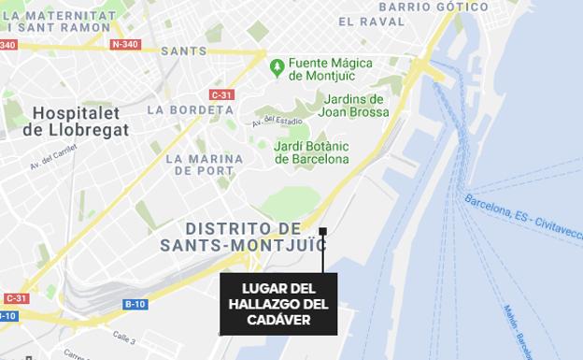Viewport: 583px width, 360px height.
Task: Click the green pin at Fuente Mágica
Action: tap(277, 67)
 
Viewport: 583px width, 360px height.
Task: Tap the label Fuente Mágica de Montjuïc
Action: tap(331, 70)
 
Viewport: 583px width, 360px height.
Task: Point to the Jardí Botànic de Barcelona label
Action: tap(311, 152)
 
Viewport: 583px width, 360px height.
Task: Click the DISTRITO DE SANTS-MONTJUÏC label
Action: tap(242, 238)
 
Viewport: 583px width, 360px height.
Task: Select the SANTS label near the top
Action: tap(184, 50)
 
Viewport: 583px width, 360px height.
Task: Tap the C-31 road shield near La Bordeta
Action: tap(222, 94)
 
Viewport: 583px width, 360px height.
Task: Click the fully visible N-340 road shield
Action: tap(124, 44)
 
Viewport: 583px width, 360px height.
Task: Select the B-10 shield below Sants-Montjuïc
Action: tap(136, 304)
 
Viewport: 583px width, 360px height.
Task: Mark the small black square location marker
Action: tap(322, 231)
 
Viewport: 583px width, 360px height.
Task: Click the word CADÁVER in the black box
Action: tap(278, 321)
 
